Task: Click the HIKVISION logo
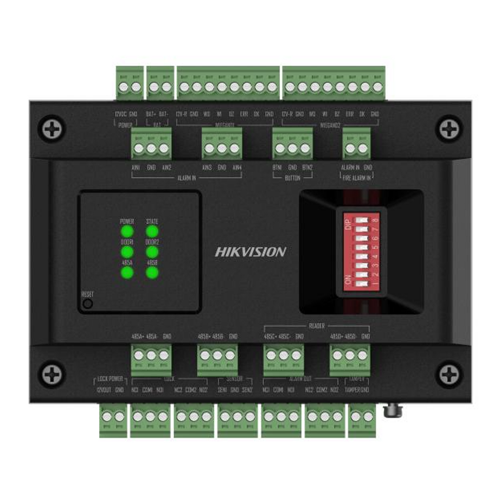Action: pyautogui.click(x=251, y=252)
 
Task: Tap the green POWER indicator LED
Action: pyautogui.click(x=127, y=232)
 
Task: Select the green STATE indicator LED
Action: pyautogui.click(x=152, y=232)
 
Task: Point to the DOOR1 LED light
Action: pyautogui.click(x=127, y=252)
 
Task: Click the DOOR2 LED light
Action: pyautogui.click(x=152, y=252)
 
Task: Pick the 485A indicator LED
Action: pyautogui.click(x=127, y=273)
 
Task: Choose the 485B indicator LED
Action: pyautogui.click(x=152, y=273)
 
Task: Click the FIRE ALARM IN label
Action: pyautogui.click(x=357, y=178)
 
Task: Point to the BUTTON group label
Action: pyautogui.click(x=292, y=178)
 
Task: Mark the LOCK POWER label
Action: pyautogui.click(x=110, y=379)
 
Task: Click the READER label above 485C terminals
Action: pyautogui.click(x=317, y=326)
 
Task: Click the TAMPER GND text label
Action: pyautogui.click(x=357, y=390)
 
